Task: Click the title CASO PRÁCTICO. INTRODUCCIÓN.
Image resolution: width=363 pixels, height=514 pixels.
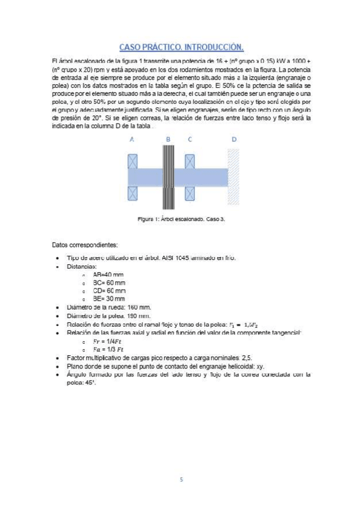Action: coord(181,47)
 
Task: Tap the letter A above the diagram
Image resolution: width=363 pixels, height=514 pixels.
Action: coord(132,139)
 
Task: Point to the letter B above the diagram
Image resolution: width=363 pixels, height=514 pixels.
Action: coord(168,139)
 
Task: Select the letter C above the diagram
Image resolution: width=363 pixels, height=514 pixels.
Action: coord(190,139)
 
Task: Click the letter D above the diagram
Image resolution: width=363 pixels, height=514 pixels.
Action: coord(234,139)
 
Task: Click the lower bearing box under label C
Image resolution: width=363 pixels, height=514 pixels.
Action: coord(190,193)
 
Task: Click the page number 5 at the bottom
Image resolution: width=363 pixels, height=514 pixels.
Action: coord(181,479)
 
